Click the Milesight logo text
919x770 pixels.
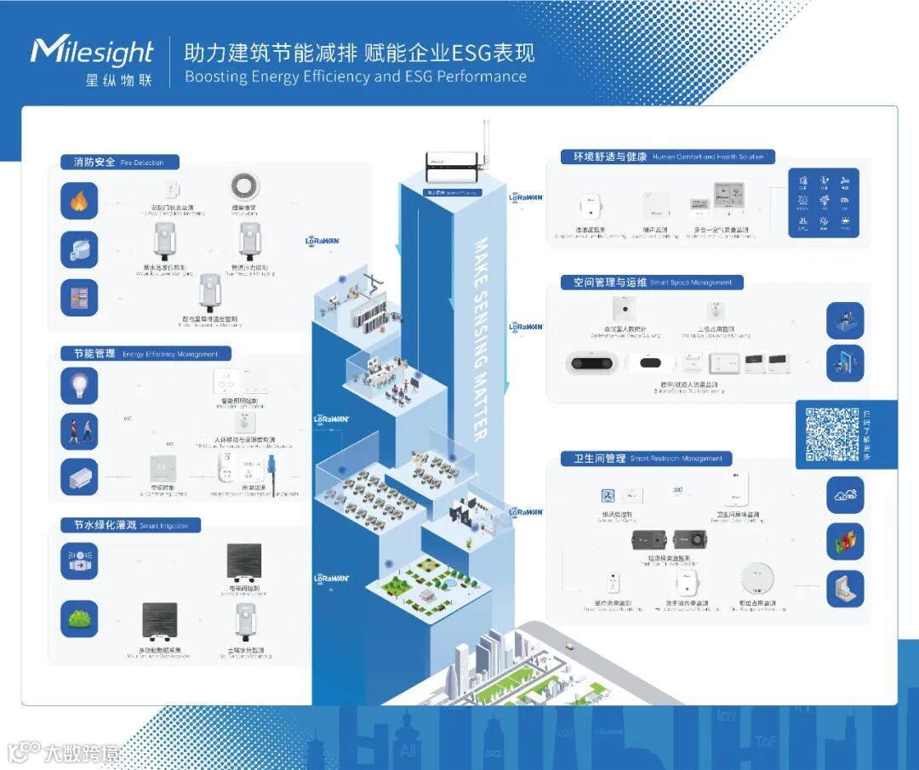(x=92, y=53)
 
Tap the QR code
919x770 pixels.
(x=832, y=434)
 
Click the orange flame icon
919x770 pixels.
(x=79, y=202)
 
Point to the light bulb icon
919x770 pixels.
(x=79, y=385)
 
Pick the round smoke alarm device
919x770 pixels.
(x=245, y=186)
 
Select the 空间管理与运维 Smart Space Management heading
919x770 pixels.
(x=652, y=282)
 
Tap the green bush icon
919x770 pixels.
(x=79, y=619)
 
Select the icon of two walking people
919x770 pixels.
(x=79, y=431)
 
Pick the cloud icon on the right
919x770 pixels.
(x=845, y=494)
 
